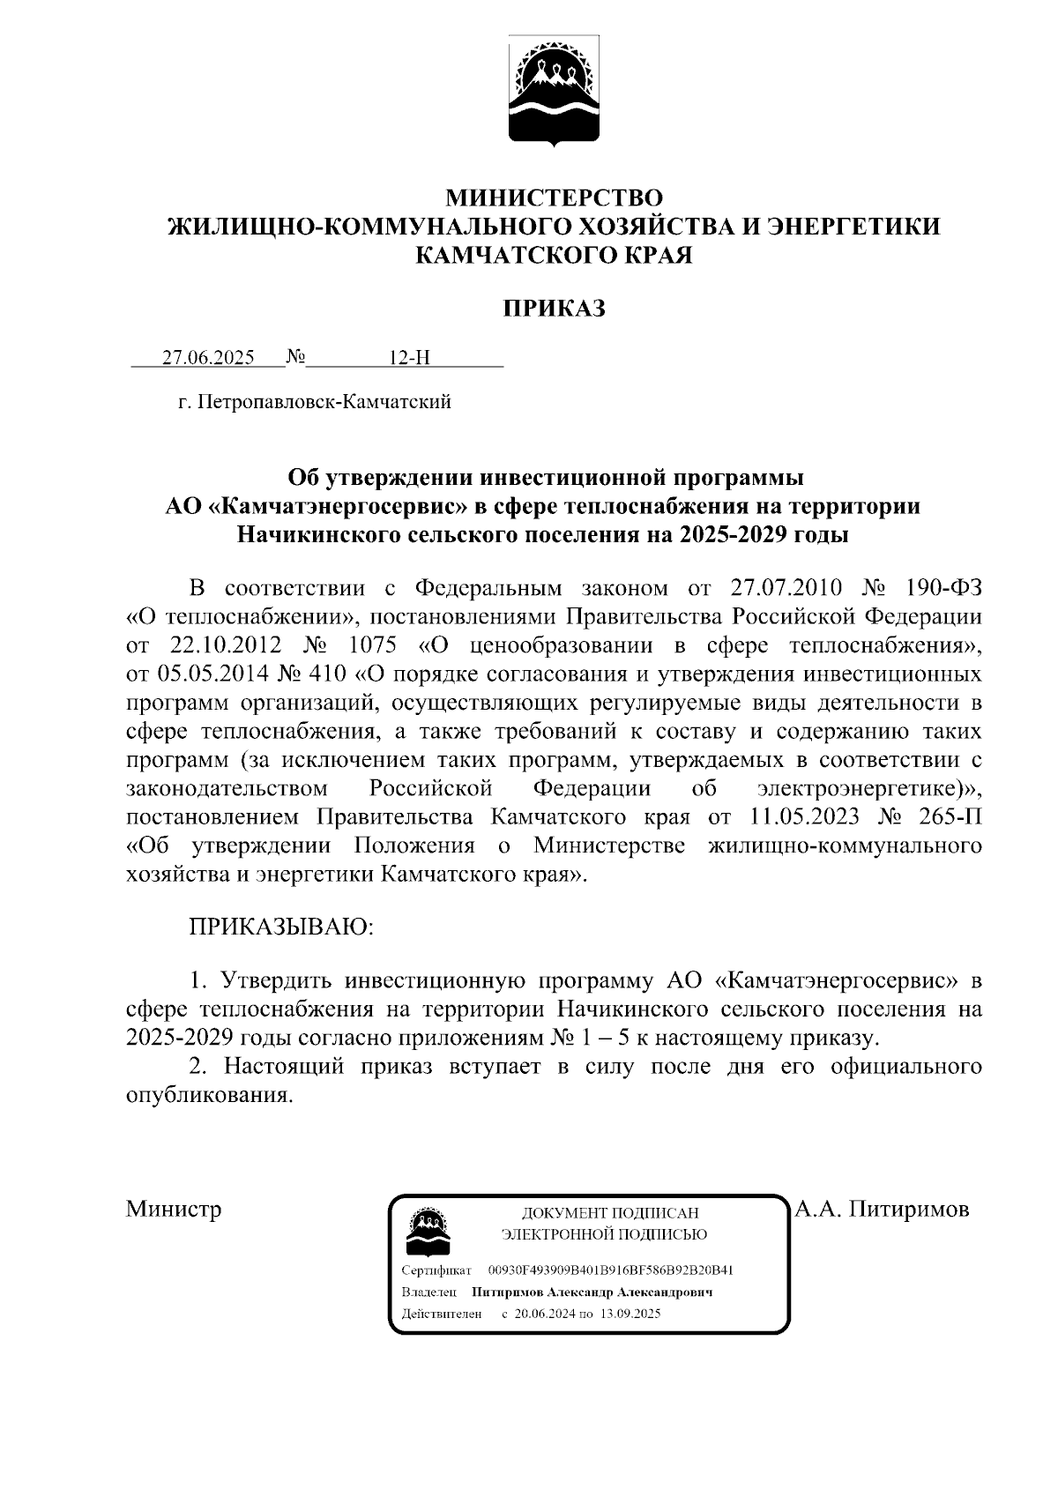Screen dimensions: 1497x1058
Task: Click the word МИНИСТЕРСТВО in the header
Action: pyautogui.click(x=554, y=197)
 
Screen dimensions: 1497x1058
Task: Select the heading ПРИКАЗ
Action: pyautogui.click(x=554, y=309)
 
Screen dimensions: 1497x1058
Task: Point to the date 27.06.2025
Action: pyautogui.click(x=208, y=358)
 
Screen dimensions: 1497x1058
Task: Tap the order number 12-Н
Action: pyautogui.click(x=409, y=358)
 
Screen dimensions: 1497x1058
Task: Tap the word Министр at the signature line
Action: pyautogui.click(x=174, y=1209)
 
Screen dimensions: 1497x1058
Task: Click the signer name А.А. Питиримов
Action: pyautogui.click(x=882, y=1209)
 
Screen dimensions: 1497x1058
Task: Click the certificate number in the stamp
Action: pyautogui.click(x=610, y=1270)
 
